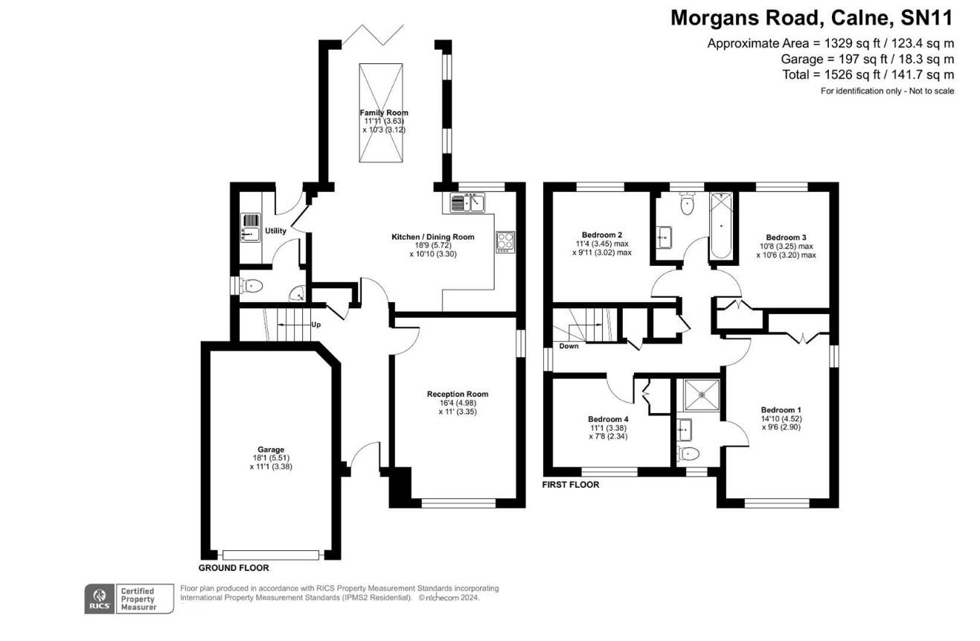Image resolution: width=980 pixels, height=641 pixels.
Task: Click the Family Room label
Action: coord(384,113)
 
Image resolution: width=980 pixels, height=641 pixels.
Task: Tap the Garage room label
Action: coord(271,450)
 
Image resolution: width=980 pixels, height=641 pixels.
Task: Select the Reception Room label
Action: coord(457,394)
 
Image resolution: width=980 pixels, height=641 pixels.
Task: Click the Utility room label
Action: coord(275,231)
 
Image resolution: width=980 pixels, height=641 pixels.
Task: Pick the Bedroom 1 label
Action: coord(781,409)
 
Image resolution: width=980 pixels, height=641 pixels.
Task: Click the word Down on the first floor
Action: coord(569,346)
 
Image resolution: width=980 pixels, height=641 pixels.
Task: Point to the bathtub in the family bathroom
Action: coord(721,226)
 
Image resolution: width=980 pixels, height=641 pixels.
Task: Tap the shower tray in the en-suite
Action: coord(697,395)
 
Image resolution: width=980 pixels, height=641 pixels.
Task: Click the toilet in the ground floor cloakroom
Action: coord(251,286)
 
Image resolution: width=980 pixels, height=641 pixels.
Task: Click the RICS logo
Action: coord(99,599)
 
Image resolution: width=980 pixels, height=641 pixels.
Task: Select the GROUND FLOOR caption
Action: coord(233,567)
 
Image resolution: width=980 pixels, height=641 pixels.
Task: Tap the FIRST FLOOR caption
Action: coord(571,485)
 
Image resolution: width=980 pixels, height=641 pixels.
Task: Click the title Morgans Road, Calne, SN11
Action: coord(811,18)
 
